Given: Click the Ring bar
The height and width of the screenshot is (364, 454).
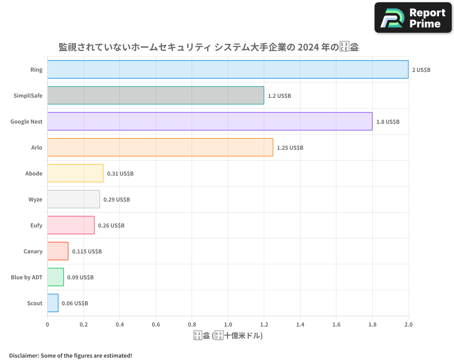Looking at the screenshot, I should (x=228, y=70).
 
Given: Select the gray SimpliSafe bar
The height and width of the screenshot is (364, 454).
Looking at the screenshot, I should (x=156, y=96).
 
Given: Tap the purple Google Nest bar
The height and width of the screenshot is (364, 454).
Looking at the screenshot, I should (x=210, y=121).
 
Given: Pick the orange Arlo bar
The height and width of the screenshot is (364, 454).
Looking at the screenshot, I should (x=160, y=147).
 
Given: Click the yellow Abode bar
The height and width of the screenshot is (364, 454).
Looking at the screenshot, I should (x=75, y=173).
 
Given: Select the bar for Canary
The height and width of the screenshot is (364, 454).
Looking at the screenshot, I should (x=58, y=251).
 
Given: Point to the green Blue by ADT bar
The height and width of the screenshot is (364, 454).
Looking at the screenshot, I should (x=56, y=277).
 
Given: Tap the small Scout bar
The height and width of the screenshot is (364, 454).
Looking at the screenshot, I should (x=53, y=303).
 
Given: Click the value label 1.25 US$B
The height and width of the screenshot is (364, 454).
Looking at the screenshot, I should (x=290, y=148).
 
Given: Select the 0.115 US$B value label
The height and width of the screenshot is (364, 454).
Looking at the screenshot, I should (x=87, y=252).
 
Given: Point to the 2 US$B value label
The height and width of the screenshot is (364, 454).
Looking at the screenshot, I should (x=421, y=70).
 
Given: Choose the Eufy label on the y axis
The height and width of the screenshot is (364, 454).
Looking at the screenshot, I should (x=35, y=225).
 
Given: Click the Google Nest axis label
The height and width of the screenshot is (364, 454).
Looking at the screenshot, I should (x=26, y=121).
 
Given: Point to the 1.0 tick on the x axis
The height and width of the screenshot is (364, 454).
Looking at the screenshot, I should (x=228, y=324).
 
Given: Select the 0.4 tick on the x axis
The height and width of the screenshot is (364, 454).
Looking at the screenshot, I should (x=120, y=324).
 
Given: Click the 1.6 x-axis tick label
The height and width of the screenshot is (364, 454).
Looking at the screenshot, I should (x=336, y=324).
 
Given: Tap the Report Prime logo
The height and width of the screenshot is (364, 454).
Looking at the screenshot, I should (x=413, y=18).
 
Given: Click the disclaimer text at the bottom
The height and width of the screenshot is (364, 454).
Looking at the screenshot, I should (x=70, y=355).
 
